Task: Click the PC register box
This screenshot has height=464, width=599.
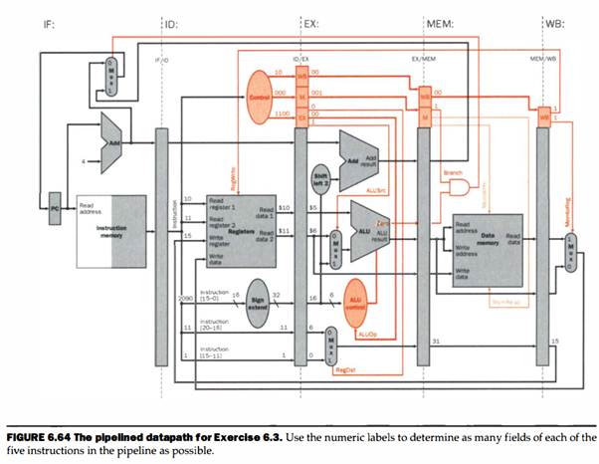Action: [57, 209]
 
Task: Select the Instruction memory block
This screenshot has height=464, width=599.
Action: [106, 230]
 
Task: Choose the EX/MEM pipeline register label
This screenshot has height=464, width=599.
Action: [425, 61]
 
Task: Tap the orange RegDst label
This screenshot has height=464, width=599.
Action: [343, 369]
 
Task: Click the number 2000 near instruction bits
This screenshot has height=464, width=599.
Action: [183, 298]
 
